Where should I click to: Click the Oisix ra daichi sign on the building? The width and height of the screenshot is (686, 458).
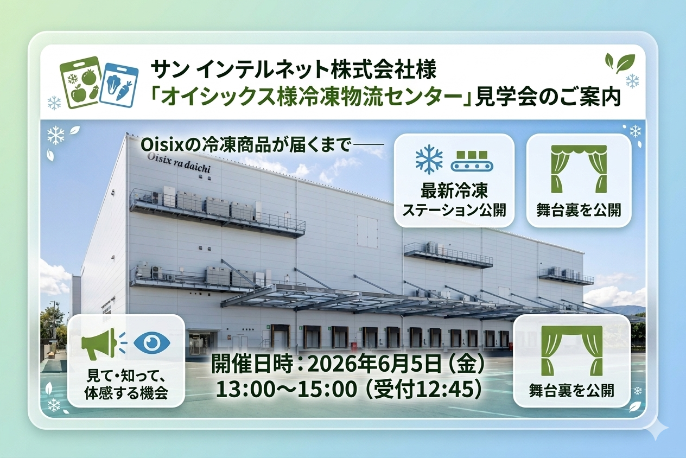pos(179,163)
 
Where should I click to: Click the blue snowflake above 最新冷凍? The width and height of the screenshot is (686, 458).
pos(429,160)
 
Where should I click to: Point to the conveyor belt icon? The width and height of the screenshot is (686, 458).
pos(472,161)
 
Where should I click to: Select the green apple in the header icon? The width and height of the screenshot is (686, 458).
pos(78,93)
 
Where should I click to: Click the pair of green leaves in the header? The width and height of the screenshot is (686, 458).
pos(620,63)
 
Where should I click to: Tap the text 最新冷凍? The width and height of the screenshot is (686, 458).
pos(454,190)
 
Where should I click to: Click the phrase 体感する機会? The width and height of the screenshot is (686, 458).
pos(126,393)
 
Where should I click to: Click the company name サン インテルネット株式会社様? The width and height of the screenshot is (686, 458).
pos(293,70)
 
